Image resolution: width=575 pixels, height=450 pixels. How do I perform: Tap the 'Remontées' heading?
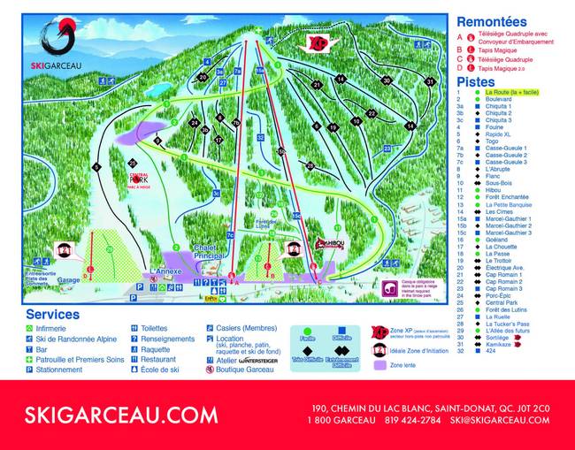(491, 22)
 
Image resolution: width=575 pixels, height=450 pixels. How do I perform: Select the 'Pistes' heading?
(475, 81)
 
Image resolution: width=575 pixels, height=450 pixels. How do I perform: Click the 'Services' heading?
(52, 314)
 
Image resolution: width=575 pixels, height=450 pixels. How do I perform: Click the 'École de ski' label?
(160, 370)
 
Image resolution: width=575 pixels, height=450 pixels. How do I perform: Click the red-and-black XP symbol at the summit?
(317, 42)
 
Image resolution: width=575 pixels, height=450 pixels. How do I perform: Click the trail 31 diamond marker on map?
(430, 81)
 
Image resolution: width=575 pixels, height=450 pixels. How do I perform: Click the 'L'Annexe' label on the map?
(165, 271)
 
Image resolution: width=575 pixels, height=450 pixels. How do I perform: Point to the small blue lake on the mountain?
(157, 89)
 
